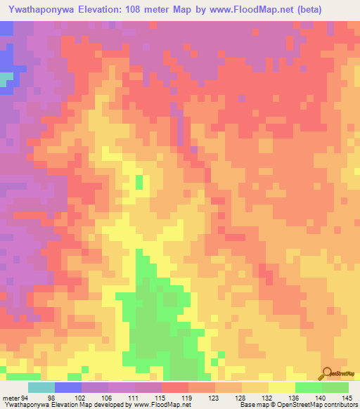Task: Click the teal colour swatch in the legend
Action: click(41, 387)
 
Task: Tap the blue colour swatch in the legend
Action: click(68, 387)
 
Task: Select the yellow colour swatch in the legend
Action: click(282, 387)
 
